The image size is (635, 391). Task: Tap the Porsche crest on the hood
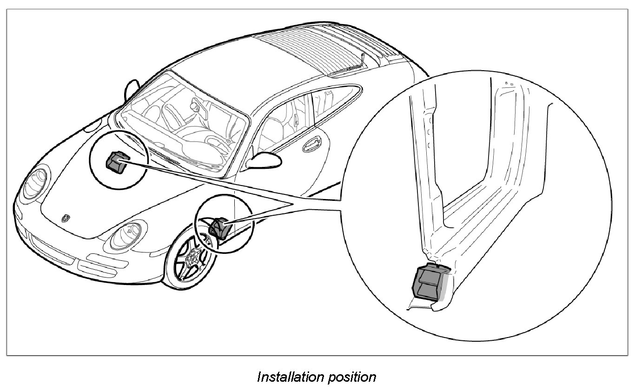tap(65, 218)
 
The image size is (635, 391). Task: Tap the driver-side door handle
tap(309, 146)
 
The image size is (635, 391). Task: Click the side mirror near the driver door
tap(263, 159)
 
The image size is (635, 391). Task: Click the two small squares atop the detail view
tap(509, 84)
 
